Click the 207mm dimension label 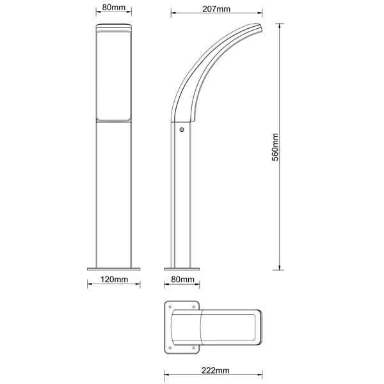tap(216, 9)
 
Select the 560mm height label tap(275, 147)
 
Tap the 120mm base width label tap(114, 279)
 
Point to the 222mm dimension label tap(216, 371)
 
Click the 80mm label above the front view tap(114, 7)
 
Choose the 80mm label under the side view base tap(182, 279)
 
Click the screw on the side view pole tap(182, 129)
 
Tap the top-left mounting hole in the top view tap(170, 307)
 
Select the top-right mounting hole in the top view tap(193, 307)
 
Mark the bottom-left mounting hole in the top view tap(170, 348)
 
